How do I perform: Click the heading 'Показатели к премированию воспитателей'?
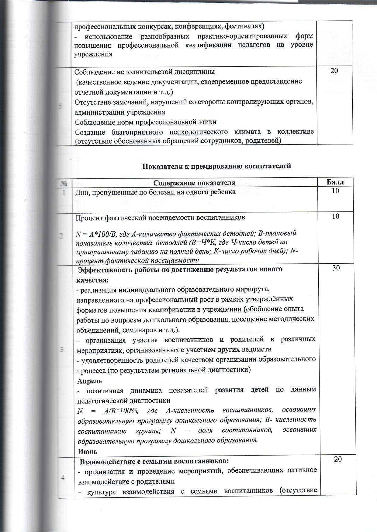217,166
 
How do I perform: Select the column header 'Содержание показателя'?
194,183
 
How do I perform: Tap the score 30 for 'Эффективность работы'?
336,268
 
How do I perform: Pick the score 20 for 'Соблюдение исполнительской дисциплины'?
334,70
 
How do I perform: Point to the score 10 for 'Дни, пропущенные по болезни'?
336,191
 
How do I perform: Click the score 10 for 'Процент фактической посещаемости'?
336,216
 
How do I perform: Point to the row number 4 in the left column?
62,478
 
